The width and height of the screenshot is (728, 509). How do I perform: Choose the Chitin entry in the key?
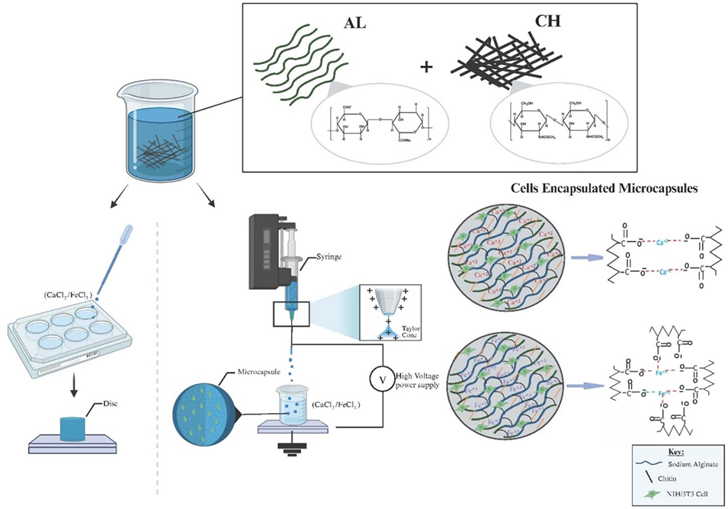coord(669,478)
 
